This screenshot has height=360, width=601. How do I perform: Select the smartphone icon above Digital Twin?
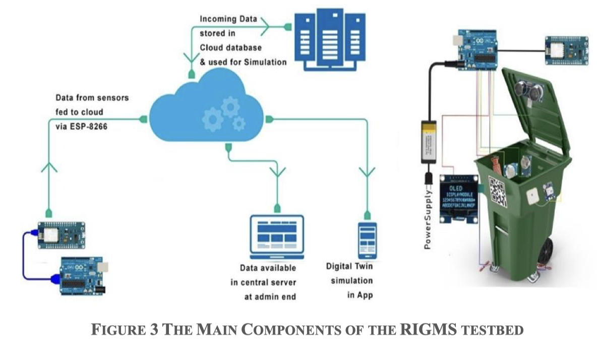(x=367, y=240)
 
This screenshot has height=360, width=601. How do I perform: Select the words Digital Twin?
(x=349, y=267)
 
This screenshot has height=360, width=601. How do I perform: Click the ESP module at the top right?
(x=566, y=49)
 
